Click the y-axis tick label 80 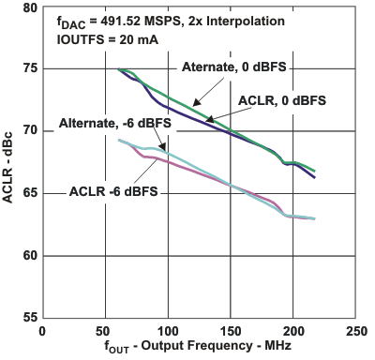click(x=30, y=7)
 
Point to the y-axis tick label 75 click(x=30, y=69)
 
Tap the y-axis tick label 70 click(x=30, y=131)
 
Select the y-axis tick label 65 click(x=30, y=194)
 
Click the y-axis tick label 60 click(x=30, y=256)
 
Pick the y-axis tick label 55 click(x=30, y=318)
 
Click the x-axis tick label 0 click(x=41, y=331)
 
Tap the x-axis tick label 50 click(x=104, y=331)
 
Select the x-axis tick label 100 click(x=167, y=331)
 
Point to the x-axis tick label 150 click(x=231, y=331)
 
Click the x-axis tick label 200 click(x=293, y=331)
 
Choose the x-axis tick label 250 click(x=356, y=331)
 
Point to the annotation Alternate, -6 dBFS click(x=109, y=123)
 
